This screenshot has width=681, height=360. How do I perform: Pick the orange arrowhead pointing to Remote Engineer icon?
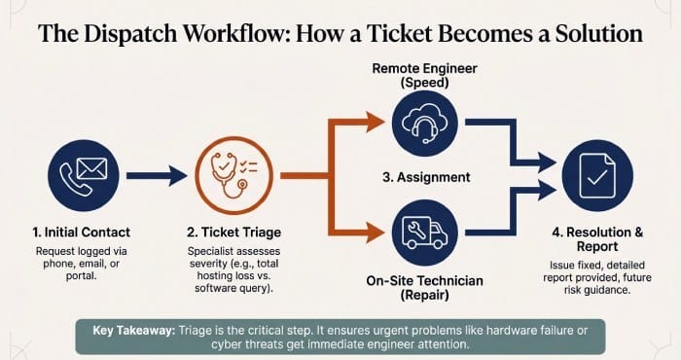(x=375, y=123)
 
